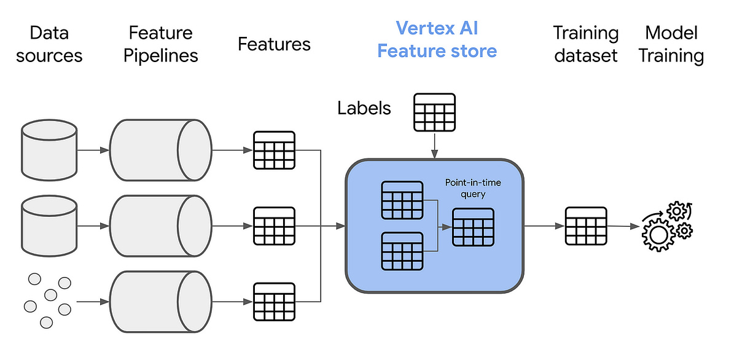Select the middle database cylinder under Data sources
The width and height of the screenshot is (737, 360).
coord(49,226)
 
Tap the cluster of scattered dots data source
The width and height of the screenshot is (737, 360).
coord(47,300)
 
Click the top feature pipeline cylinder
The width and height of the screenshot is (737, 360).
coord(160,150)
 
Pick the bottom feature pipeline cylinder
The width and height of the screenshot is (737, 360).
coord(160,302)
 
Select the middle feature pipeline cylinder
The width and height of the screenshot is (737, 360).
coord(160,226)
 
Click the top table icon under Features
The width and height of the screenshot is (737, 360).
coord(274,150)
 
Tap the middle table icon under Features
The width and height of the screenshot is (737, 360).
coord(274,226)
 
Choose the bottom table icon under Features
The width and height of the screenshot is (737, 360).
coord(274,302)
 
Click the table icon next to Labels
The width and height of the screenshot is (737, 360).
coord(434,112)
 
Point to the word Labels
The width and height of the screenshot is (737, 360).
coord(364,109)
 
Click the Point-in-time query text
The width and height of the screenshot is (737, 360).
coord(474,188)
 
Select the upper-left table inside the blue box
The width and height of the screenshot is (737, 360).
coord(402,200)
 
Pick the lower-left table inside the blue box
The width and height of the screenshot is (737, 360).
coord(402,251)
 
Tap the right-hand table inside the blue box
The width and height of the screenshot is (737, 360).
coord(473,227)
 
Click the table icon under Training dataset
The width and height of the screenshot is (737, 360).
coord(585,226)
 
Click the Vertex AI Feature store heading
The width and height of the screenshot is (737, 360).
coord(437,39)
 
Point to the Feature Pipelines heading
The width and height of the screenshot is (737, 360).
coord(160,44)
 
